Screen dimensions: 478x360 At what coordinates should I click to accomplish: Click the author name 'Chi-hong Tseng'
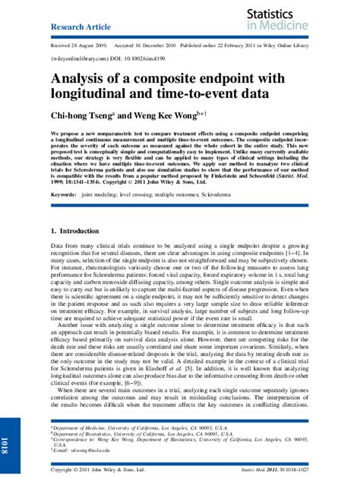click(x=85, y=115)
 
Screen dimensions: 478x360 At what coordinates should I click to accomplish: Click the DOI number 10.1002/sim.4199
click(x=140, y=57)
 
